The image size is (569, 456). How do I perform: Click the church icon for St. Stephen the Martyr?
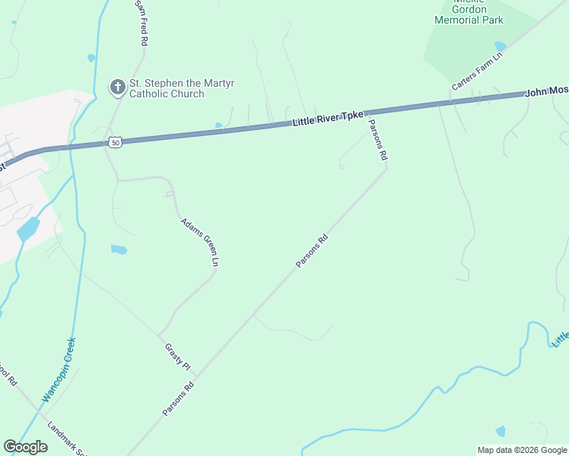coord(117,87)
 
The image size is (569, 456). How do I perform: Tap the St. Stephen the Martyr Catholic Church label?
coord(167,88)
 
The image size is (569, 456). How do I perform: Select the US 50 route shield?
coord(114,142)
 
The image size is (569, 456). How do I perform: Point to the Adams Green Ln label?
coord(200,242)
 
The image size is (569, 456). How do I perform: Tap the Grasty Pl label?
coord(177,356)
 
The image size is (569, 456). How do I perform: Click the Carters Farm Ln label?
coord(477,71)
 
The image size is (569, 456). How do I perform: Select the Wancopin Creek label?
coord(59,370)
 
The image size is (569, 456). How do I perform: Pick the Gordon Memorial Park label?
coord(468,14)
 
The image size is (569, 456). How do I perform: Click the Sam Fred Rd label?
coord(141,24)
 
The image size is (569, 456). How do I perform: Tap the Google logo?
coord(25,447)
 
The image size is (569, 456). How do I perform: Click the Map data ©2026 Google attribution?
coord(522,450)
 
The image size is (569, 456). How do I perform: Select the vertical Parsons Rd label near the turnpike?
coord(378,139)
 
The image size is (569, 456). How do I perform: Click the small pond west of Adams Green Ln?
coord(119,249)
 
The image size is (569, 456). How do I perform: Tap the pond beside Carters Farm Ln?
coord(500,46)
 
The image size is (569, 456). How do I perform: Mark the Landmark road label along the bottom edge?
coord(67,439)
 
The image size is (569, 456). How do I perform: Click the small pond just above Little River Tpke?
coord(219,125)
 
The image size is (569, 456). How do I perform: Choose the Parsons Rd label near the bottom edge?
coord(179,398)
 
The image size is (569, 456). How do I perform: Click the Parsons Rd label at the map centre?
coord(312,250)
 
